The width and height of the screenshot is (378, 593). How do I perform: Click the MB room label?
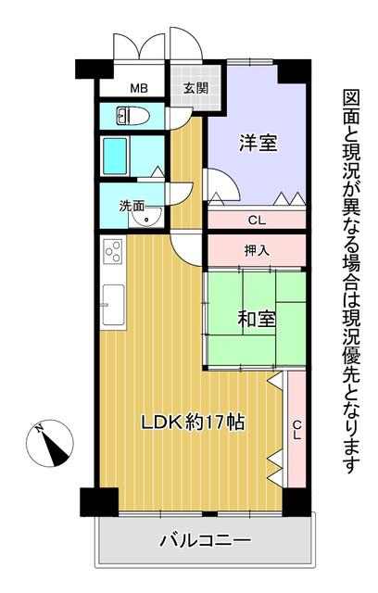(139, 89)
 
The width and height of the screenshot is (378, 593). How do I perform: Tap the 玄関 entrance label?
(195, 88)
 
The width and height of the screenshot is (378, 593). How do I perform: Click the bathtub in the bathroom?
(115, 156)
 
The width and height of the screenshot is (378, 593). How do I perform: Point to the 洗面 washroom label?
(132, 206)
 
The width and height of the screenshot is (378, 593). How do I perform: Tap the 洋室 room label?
(258, 143)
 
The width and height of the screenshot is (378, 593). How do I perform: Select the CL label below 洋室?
(257, 220)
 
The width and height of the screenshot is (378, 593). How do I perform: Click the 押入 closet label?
(257, 250)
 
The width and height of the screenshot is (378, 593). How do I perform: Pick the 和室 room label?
(257, 319)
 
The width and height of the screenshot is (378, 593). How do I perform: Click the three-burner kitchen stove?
(113, 252)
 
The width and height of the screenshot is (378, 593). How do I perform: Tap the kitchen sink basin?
(113, 305)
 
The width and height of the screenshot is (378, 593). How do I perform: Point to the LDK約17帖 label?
(193, 423)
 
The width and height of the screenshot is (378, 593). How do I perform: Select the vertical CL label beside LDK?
(297, 429)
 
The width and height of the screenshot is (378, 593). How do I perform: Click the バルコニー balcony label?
(206, 540)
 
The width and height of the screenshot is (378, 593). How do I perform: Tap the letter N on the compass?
(38, 428)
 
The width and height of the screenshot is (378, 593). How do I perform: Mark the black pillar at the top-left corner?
(94, 69)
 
